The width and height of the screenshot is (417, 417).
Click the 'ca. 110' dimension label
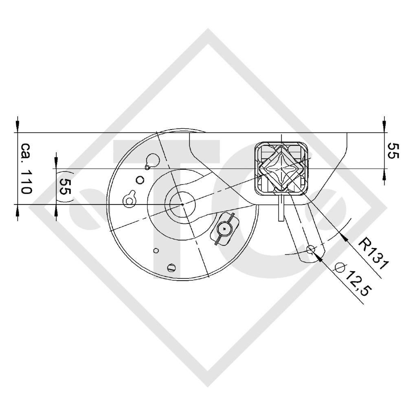[x=25, y=168]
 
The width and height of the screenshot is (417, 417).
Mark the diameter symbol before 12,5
[x=339, y=268]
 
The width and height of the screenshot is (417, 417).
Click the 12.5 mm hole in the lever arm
[x=311, y=249]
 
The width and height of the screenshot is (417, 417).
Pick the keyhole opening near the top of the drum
[x=152, y=160]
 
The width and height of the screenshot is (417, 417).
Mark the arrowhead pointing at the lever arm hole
[x=319, y=256]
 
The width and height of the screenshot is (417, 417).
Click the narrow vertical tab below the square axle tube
[x=281, y=208]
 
